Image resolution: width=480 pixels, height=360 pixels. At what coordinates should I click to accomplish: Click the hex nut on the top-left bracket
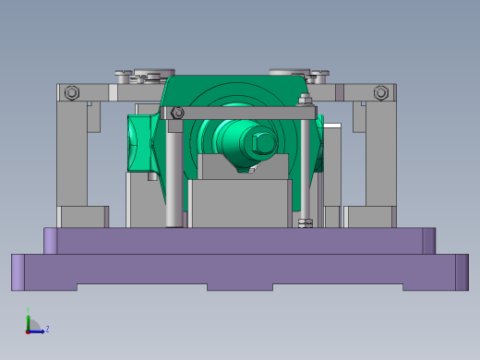coord(72,92)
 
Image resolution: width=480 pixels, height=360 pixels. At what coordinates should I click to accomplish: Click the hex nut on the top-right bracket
coord(380,92)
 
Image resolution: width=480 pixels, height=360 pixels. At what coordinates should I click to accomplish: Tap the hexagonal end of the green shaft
coord(262,143)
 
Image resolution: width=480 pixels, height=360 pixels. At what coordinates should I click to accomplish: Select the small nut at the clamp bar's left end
coord(178,113)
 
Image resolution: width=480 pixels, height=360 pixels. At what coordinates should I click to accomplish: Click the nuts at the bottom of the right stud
coord(306,222)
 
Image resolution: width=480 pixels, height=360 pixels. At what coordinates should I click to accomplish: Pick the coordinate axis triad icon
coord(31,325)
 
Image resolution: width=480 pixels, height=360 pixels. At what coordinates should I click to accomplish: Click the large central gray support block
coord(240,203)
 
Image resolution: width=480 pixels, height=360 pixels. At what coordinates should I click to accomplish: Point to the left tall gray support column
coord(72,152)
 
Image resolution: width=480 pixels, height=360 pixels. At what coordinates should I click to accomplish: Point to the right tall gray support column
coord(379,152)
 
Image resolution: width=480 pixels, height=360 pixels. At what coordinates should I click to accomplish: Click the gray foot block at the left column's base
coord(83,217)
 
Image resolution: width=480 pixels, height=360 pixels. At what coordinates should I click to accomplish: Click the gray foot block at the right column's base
coord(370,217)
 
